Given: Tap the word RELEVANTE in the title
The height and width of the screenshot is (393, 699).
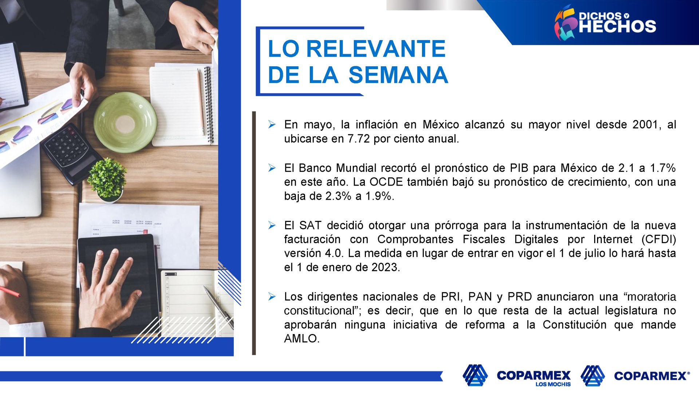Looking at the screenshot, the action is click(376, 49).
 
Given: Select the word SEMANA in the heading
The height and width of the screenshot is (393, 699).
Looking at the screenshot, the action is click(398, 75).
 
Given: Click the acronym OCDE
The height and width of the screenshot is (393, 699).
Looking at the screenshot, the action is click(386, 182).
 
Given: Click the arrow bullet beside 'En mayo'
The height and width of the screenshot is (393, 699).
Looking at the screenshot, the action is click(272, 124).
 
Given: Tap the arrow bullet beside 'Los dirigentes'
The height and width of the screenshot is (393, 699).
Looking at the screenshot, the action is click(272, 297).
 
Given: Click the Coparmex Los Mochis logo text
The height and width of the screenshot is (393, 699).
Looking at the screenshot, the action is click(534, 378).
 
